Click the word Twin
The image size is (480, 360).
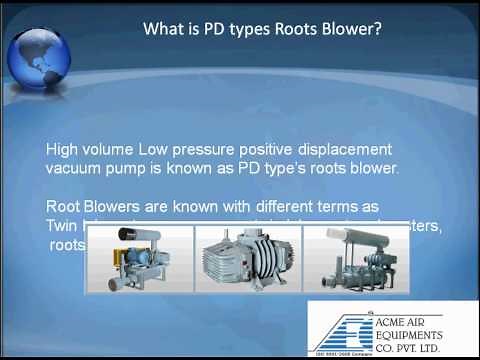[62, 225]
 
